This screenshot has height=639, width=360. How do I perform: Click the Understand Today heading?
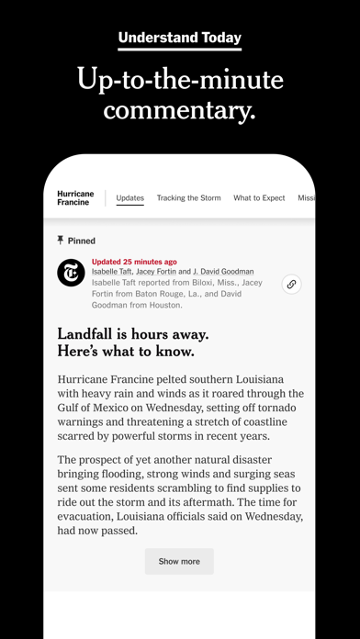(180, 38)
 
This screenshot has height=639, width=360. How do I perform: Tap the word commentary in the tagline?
(179, 111)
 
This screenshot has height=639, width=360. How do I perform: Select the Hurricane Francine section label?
(74, 198)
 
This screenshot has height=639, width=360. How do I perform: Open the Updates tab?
(129, 198)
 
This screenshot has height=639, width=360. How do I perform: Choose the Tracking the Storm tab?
(187, 198)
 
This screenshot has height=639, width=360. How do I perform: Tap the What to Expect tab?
(259, 198)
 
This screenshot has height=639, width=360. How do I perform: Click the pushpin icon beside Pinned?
(61, 241)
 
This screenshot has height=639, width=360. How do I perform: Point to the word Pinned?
(82, 241)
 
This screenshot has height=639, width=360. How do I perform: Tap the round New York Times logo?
(71, 273)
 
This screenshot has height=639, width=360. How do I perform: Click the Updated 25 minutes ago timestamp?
(134, 262)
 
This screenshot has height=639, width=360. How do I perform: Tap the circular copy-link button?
(291, 284)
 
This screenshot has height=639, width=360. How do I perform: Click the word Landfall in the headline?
(91, 333)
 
